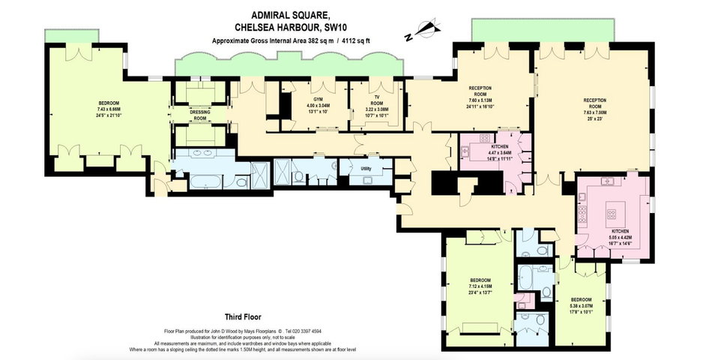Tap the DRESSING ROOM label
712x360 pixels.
tap(200, 115)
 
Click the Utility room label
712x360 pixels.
tap(366, 169)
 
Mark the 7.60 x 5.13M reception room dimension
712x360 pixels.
tap(480, 100)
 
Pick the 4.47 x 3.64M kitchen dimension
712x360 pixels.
tap(500, 153)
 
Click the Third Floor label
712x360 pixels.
tap(243, 316)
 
